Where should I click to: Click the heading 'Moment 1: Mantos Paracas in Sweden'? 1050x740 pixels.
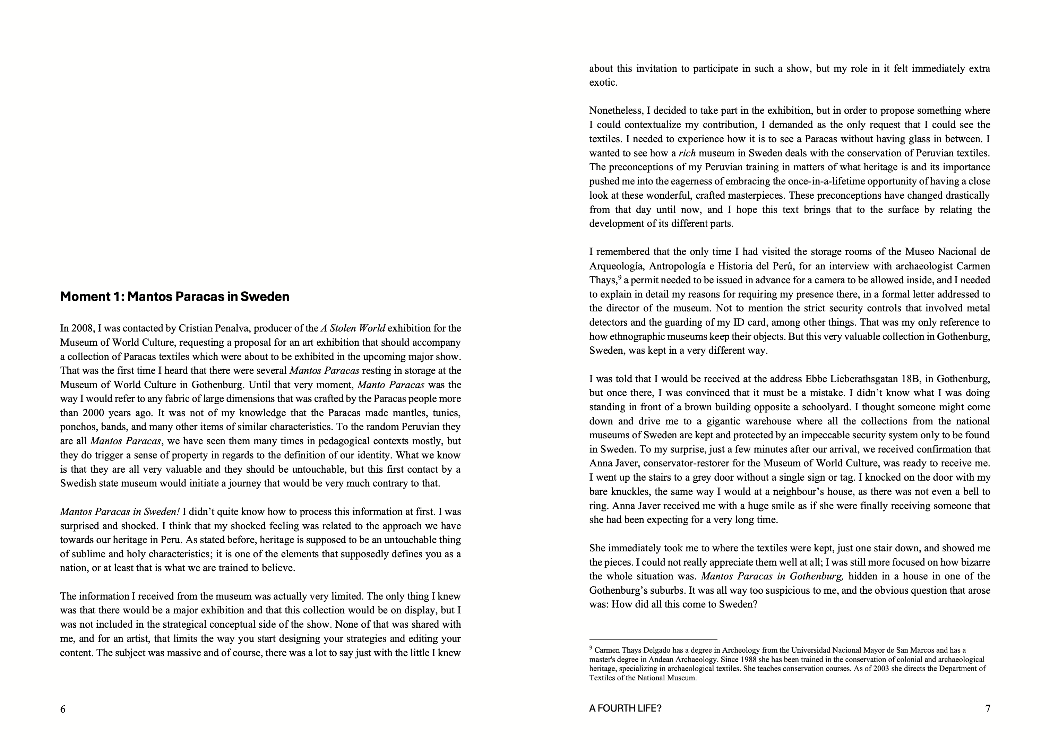click(x=175, y=297)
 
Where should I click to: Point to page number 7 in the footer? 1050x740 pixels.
click(x=988, y=709)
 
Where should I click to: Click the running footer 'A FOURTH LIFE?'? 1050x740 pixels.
click(x=625, y=709)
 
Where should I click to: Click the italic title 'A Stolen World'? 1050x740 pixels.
click(x=353, y=328)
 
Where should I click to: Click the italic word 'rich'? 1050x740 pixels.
click(x=687, y=153)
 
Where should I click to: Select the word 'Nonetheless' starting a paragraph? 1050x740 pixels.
click(x=616, y=111)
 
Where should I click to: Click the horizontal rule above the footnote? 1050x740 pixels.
click(x=653, y=639)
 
